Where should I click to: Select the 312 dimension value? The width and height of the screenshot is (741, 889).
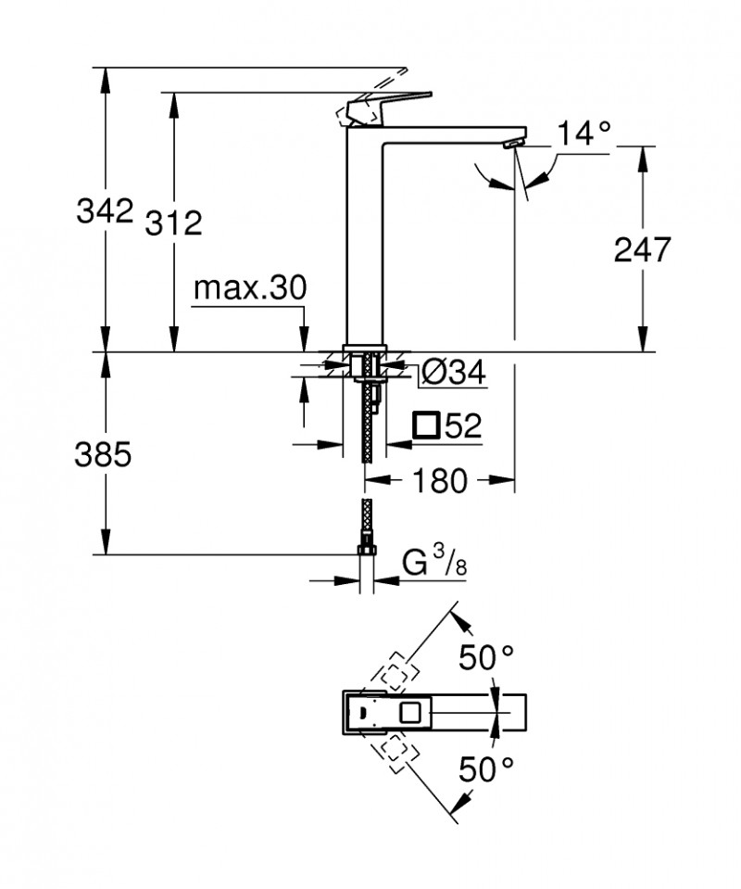click(173, 222)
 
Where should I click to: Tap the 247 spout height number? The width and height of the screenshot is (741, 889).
click(642, 248)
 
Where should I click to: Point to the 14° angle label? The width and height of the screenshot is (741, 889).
click(584, 134)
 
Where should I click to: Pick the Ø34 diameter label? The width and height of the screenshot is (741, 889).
click(453, 373)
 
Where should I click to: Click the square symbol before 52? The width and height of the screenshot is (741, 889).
click(426, 425)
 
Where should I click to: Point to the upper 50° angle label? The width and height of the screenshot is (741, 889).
click(487, 660)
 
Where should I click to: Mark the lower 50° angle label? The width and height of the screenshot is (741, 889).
click(487, 768)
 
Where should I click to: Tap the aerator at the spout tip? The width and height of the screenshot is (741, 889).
click(511, 145)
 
